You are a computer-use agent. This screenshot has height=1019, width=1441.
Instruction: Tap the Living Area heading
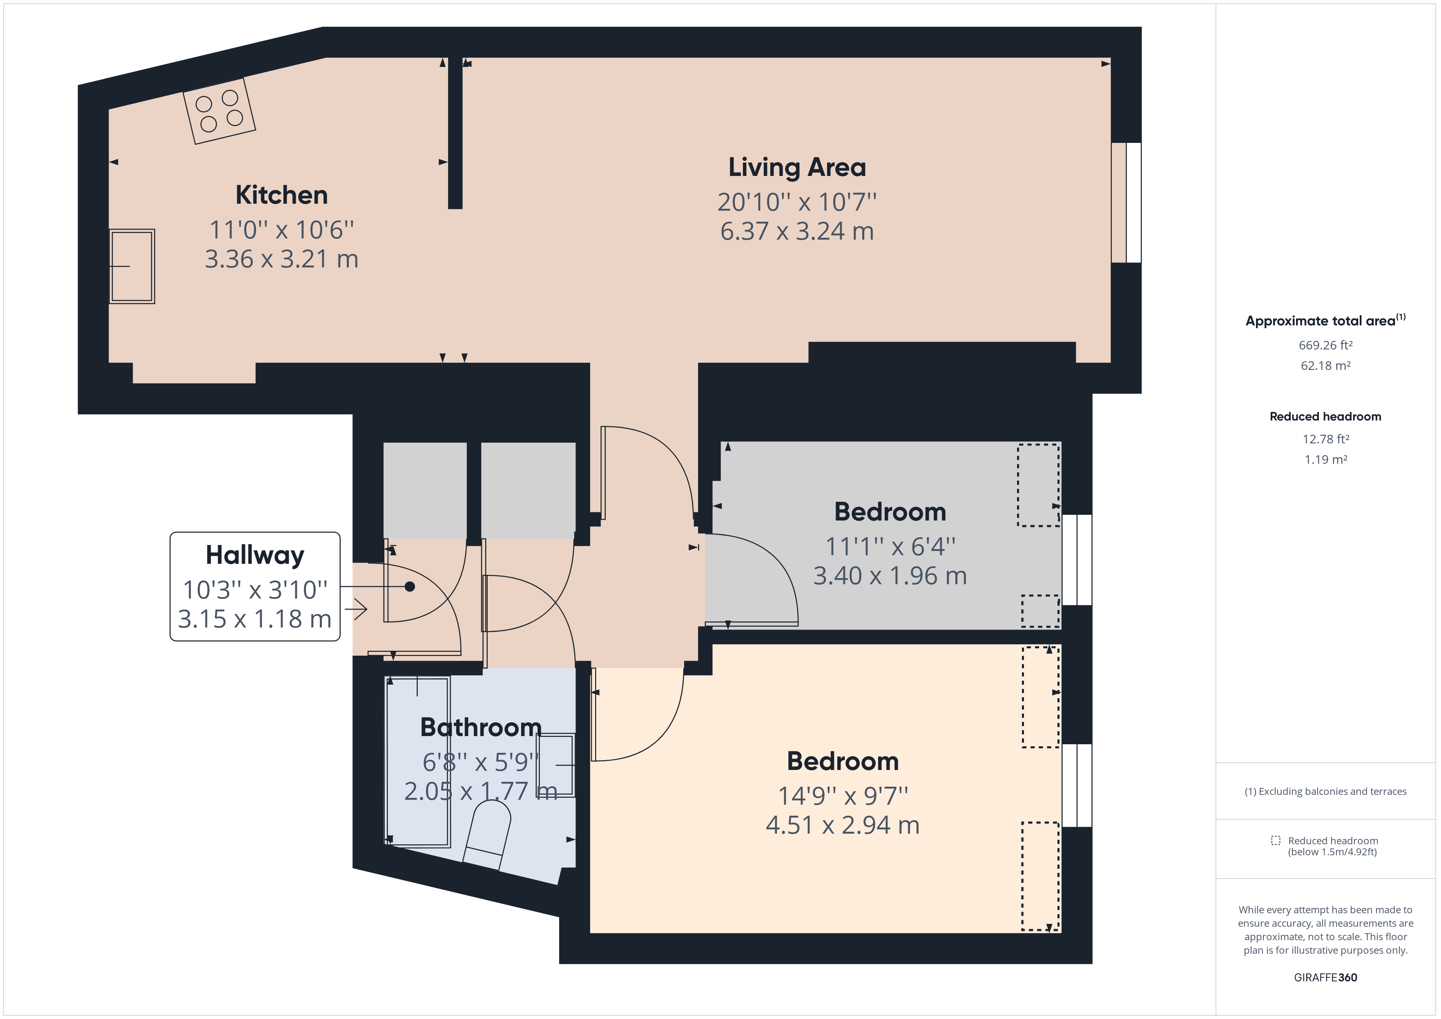point(797,167)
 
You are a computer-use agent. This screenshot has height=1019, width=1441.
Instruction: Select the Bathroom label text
point(481,727)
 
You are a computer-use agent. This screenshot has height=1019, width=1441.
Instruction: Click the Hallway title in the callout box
point(255,555)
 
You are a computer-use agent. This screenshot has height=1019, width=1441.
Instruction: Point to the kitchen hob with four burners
point(219,111)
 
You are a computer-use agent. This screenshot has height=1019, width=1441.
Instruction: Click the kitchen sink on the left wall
point(132,267)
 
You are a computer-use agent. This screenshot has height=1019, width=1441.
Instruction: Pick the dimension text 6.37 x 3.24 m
point(797,231)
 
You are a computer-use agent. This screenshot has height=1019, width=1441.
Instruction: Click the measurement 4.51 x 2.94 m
point(842,825)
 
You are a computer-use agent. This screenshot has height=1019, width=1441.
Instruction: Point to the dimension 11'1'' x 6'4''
point(890,547)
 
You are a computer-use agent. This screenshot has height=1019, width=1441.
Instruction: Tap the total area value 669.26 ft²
point(1325,345)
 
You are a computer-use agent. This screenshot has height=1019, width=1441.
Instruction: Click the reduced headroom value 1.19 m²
point(1325,459)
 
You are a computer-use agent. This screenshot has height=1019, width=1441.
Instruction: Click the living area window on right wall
point(1126,202)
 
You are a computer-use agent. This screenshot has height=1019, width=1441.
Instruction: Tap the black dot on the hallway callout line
point(410,587)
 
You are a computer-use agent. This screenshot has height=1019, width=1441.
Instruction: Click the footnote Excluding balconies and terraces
point(1325,791)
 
